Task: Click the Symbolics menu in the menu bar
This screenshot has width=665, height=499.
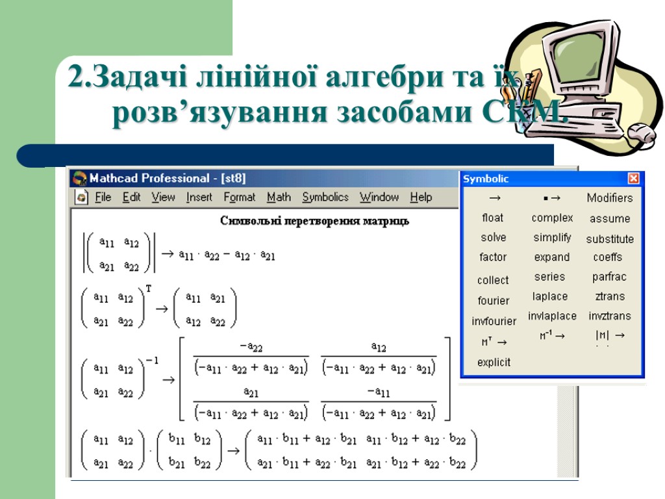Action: [x=325, y=198]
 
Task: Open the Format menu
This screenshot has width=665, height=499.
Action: [x=240, y=198]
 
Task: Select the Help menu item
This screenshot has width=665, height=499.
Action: [x=421, y=198]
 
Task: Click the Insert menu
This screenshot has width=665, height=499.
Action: [x=199, y=198]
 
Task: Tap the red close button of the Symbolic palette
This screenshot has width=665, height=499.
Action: [x=633, y=179]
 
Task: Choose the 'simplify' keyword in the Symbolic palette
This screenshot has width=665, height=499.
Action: [x=552, y=238]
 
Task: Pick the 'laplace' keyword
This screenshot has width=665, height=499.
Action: [x=550, y=296]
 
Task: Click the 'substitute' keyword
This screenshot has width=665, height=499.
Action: [x=610, y=239]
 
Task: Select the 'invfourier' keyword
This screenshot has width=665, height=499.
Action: [x=494, y=321]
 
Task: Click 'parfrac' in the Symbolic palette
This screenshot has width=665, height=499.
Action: [x=609, y=277]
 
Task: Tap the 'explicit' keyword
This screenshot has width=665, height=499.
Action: [x=494, y=363]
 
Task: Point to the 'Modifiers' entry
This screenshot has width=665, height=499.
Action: [x=609, y=198]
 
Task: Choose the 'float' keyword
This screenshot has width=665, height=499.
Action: [x=493, y=218]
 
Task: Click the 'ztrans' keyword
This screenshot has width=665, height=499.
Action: [x=610, y=296]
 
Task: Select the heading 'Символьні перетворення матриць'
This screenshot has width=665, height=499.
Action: [x=314, y=221]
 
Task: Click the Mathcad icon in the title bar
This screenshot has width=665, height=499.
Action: [x=79, y=178]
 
